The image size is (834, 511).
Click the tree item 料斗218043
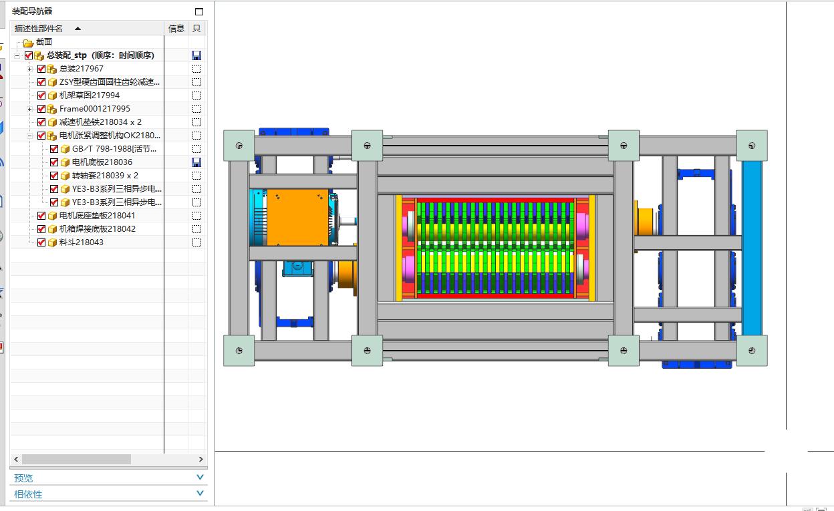tap(81, 242)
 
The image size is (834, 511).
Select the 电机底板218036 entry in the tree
tap(102, 162)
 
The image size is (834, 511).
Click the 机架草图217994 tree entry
tap(90, 96)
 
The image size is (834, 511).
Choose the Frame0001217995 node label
tap(95, 109)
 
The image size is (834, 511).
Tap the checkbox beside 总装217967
tap(41, 69)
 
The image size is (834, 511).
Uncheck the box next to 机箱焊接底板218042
tap(41, 229)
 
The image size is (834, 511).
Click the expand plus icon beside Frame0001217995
tap(30, 109)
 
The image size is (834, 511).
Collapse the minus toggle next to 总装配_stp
tap(17, 56)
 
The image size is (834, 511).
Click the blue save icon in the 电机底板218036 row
tap(196, 162)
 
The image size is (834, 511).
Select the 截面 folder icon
tap(28, 43)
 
